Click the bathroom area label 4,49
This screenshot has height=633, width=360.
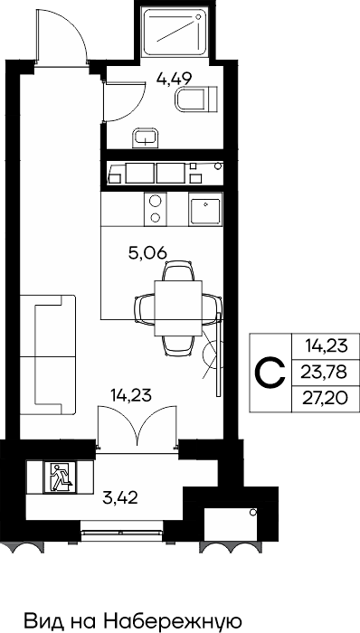(174, 78)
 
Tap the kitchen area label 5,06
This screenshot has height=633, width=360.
(147, 253)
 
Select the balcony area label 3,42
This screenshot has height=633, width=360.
(120, 498)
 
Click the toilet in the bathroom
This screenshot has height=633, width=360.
(196, 98)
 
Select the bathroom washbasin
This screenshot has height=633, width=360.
(147, 137)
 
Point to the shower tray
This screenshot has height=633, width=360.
(175, 33)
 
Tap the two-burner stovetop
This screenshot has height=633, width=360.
(156, 209)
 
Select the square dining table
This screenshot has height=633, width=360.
(178, 308)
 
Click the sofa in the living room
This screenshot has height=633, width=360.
(48, 355)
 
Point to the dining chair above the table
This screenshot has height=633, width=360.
(178, 271)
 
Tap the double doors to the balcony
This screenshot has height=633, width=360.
(137, 426)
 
